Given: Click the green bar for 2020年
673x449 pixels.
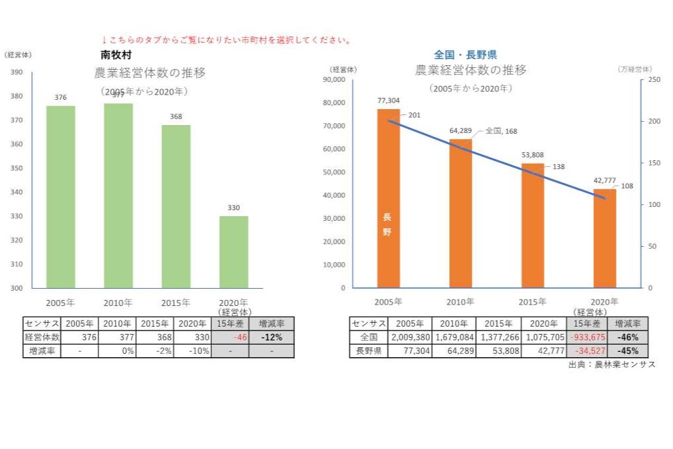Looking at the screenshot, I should click(x=233, y=252).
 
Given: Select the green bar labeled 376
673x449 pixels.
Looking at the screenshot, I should click(x=60, y=197).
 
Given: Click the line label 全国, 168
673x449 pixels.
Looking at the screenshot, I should click(x=501, y=131).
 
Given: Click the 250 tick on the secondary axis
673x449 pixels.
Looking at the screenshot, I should click(x=654, y=80).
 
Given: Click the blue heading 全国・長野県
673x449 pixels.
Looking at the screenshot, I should click(x=465, y=55).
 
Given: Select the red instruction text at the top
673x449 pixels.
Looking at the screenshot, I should click(x=226, y=40).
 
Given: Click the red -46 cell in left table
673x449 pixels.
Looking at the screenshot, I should click(x=229, y=337).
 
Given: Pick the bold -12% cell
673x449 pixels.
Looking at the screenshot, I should click(x=270, y=337).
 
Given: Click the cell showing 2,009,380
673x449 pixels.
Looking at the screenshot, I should click(x=409, y=337).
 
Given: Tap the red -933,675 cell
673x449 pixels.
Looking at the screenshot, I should click(x=587, y=337).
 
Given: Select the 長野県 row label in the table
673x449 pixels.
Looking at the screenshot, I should click(x=368, y=351).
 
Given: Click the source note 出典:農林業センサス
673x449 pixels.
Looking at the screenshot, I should click(x=611, y=365).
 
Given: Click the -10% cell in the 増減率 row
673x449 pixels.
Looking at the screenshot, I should click(x=193, y=351).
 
